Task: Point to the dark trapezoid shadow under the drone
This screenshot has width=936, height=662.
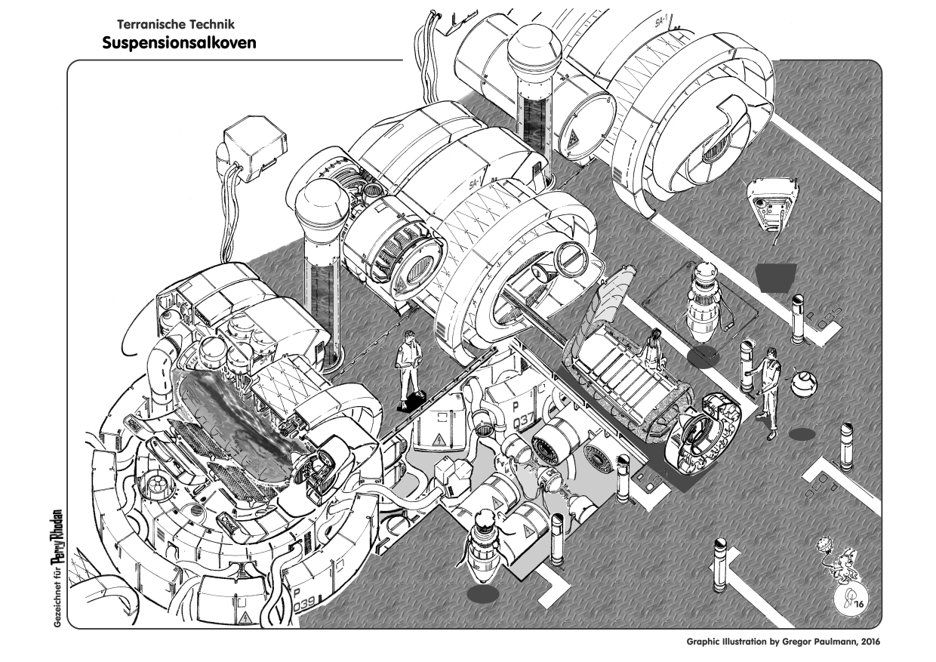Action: point(774,277)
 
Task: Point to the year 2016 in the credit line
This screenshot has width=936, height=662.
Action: point(866,642)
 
